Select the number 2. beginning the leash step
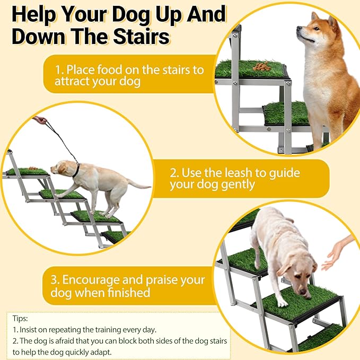[175, 173]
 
